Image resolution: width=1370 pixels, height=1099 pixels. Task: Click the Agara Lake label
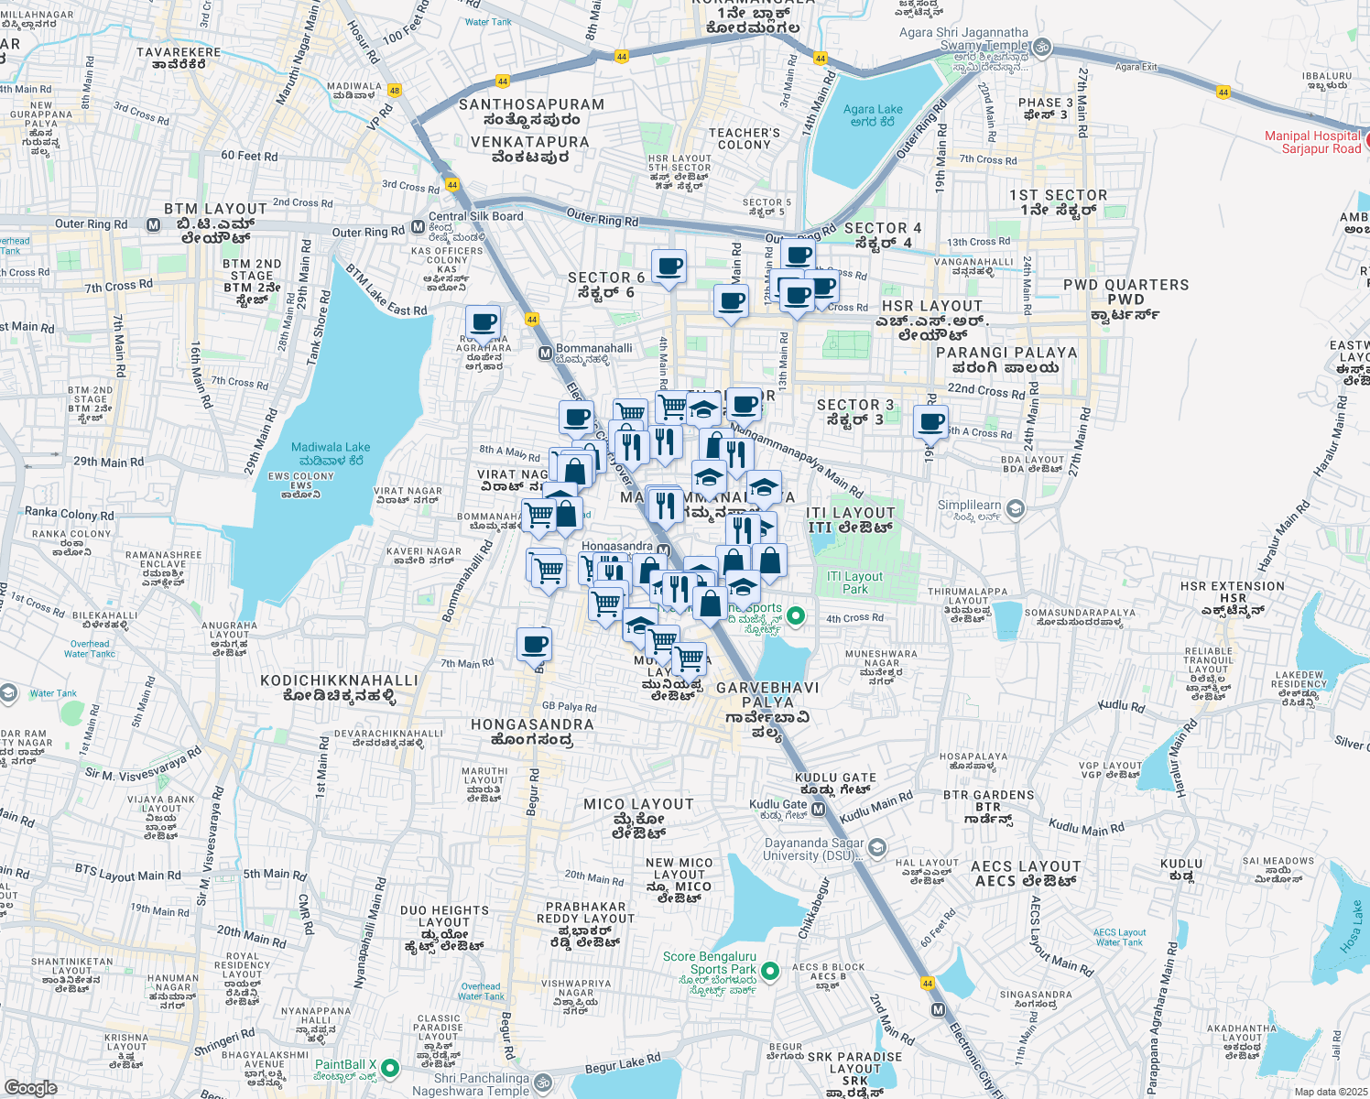coord(872,115)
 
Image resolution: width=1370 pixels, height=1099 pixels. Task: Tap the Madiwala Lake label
coord(331,453)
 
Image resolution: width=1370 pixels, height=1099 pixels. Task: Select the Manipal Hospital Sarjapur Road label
coord(1312,142)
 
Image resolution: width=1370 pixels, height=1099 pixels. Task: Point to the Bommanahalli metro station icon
coord(545,353)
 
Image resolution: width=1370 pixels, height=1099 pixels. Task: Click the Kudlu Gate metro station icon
coord(818,811)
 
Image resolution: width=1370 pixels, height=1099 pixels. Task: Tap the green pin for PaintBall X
coord(390,1068)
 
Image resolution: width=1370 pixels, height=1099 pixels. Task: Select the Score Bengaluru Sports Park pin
coord(770,970)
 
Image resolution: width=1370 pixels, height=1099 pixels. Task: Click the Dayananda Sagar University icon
coord(877,847)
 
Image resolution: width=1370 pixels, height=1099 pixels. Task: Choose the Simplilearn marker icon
coord(1015,508)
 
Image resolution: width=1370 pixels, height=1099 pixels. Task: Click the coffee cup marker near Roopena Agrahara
coord(483,323)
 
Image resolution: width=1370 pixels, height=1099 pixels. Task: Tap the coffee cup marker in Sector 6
coord(669,267)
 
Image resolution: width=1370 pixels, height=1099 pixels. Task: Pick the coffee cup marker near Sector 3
coord(930,423)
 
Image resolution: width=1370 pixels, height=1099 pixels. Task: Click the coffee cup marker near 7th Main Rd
coord(534,645)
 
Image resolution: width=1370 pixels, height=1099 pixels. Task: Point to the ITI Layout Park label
coord(854,582)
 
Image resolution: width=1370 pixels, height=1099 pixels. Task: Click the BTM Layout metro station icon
coord(153,224)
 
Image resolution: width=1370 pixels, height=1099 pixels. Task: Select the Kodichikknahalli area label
coord(339,689)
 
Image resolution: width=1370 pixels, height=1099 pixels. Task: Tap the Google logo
coord(30,1087)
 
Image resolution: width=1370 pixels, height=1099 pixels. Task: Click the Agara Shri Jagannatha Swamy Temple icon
coord(1041,47)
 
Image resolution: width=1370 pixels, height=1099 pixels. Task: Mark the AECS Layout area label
coord(1026,874)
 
